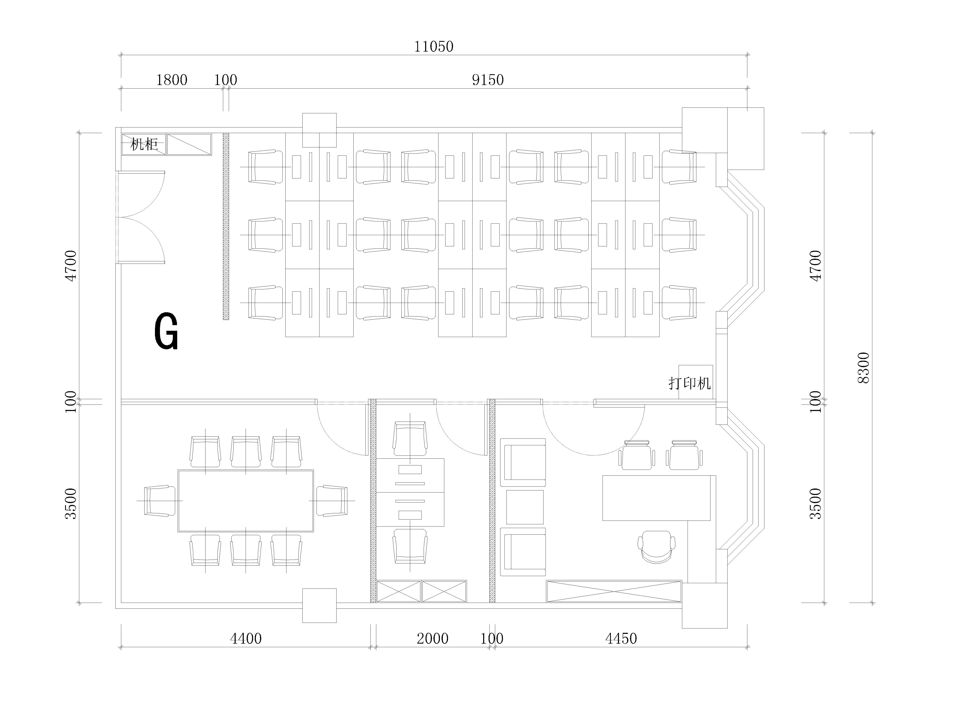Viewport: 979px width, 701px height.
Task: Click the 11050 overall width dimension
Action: (434, 47)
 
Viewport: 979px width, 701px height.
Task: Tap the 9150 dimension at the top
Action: (488, 80)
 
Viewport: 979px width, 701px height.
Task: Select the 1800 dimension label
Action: (172, 80)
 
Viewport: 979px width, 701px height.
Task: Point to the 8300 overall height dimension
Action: (863, 368)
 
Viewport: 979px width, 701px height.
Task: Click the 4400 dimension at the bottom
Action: (246, 638)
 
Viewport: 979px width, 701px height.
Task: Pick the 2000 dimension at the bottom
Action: (433, 638)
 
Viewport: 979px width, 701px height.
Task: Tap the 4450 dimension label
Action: (621, 638)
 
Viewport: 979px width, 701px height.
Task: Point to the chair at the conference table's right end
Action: (332, 500)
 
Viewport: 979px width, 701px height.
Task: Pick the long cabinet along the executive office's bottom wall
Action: (614, 591)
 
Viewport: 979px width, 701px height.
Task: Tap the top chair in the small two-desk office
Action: (410, 439)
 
